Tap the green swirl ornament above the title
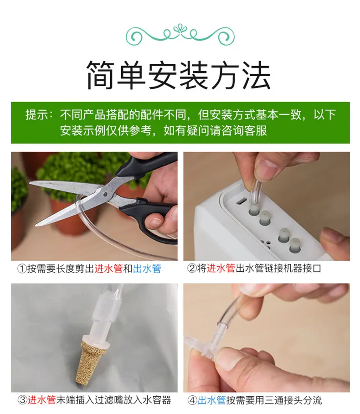pyautogui.click(x=180, y=34)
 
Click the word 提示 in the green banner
pyautogui.click(x=37, y=115)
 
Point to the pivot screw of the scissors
pyautogui.click(x=105, y=194)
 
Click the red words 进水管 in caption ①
pyautogui.click(x=108, y=269)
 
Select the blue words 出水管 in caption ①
pyautogui.click(x=147, y=269)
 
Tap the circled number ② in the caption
pyautogui.click(x=192, y=269)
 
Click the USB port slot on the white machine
pyautogui.click(x=241, y=202)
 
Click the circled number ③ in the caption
pyautogui.click(x=22, y=400)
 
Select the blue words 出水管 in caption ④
pyautogui.click(x=212, y=400)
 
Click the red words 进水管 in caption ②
pyautogui.click(x=221, y=269)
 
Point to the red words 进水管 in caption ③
pyautogui.click(x=42, y=400)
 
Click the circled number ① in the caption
pyautogui.click(x=22, y=269)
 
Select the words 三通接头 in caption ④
pyautogui.click(x=283, y=400)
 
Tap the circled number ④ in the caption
pyautogui.click(x=192, y=400)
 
